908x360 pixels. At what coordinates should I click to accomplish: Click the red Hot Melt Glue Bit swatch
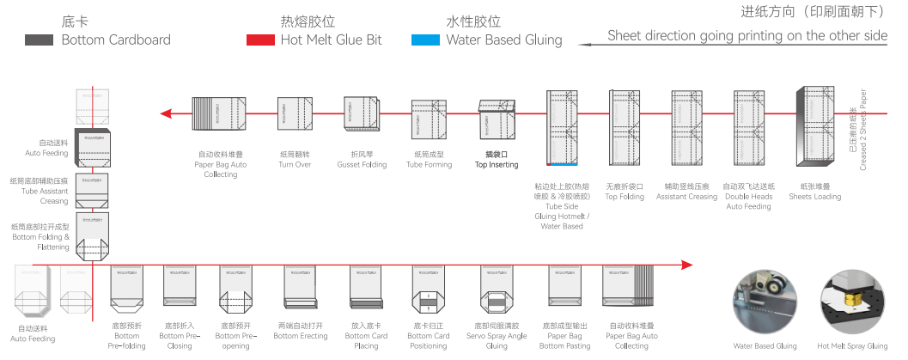(259, 40)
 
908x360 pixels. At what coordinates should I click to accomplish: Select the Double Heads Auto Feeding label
(747, 196)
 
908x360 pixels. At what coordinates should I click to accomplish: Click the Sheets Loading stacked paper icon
(814, 126)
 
